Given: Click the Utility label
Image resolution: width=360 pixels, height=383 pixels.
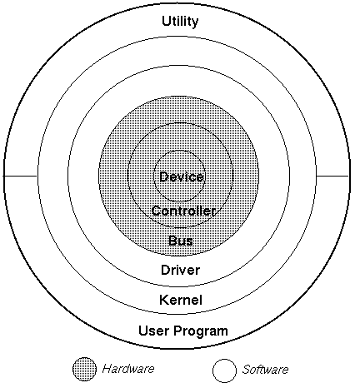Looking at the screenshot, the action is pos(180,22).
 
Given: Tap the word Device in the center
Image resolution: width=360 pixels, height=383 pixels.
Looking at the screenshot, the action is pos(182,177).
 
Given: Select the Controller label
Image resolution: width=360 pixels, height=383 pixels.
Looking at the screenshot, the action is pos(183,211).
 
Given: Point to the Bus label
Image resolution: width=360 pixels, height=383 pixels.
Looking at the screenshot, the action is pos(181,241).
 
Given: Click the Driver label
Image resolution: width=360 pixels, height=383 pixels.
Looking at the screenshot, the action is pos(180,270).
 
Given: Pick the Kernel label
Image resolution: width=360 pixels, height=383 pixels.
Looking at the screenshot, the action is pos(181,300).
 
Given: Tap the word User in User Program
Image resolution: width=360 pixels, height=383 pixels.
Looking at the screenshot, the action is pos(153,331).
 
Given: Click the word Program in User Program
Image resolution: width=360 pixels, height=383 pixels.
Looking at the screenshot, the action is pos(201,331).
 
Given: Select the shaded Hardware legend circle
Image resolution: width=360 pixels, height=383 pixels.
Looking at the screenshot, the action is pos(84,369).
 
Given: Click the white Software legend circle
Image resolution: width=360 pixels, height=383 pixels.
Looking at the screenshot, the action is pos(224,371).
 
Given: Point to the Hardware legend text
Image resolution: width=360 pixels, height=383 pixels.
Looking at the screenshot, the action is pos(128,369).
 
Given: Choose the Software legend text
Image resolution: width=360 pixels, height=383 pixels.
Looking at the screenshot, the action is pos(265,370).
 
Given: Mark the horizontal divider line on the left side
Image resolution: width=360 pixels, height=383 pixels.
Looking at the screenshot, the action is pos(20,176).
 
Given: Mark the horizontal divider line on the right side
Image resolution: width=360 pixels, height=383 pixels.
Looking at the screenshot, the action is pos(332,176).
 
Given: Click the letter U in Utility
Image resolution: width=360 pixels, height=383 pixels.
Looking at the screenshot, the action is pos(166,21).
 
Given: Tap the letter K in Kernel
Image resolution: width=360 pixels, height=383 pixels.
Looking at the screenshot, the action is pos(164,300).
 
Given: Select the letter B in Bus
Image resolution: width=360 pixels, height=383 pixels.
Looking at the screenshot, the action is pos(172,241).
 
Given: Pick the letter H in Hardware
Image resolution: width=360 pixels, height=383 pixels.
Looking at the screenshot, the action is pos(107,369).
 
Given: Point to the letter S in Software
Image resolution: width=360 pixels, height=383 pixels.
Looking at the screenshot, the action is pos(246,370).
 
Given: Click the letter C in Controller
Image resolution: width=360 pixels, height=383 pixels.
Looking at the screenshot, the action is pos(157,211).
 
